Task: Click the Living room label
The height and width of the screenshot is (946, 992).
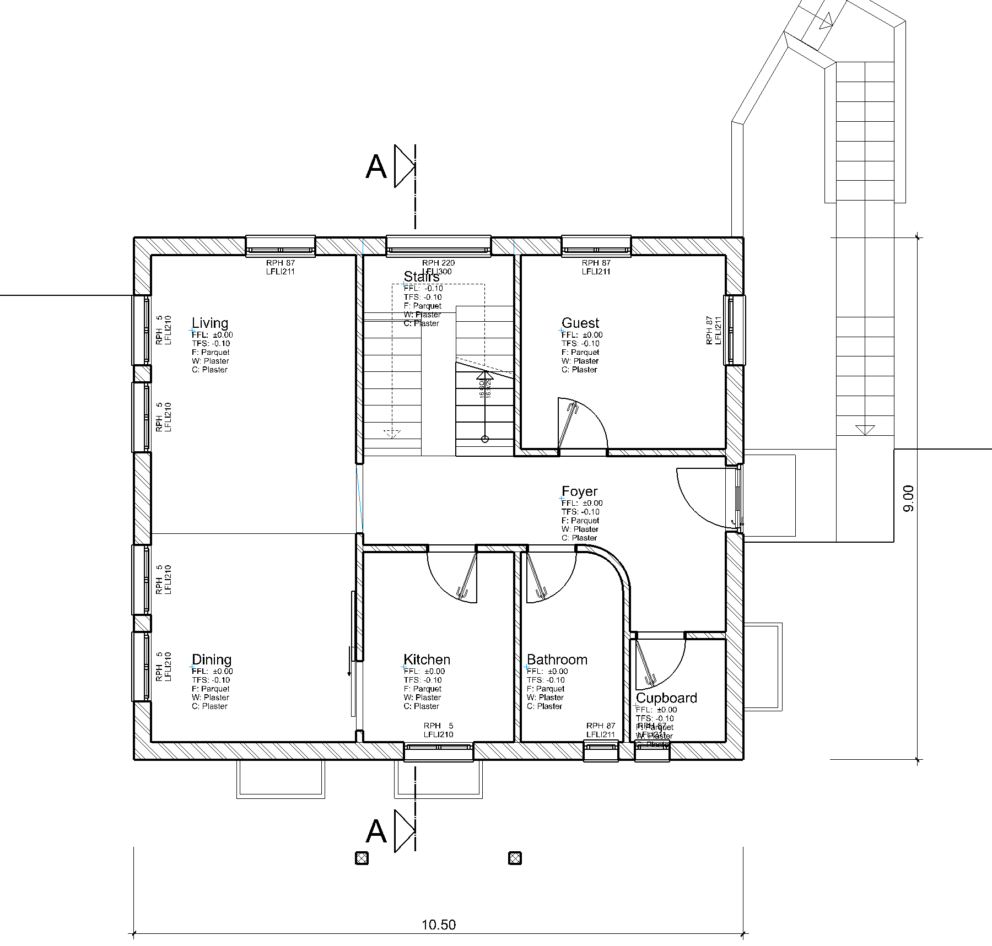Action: coord(209,323)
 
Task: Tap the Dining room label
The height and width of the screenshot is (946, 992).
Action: coord(211,660)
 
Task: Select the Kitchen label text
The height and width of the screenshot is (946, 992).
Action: coord(427,660)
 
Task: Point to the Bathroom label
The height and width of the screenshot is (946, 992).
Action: coord(557,660)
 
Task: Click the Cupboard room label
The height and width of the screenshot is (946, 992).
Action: coord(666,698)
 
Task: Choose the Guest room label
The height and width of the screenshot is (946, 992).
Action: coord(580,323)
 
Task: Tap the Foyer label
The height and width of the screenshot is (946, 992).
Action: coord(579,491)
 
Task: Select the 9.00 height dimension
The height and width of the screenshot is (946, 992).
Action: coord(909,498)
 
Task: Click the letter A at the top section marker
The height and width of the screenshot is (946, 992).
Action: coord(376,166)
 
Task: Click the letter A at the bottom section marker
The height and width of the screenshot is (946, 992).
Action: coord(376,831)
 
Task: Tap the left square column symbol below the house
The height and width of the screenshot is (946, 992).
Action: coord(361,858)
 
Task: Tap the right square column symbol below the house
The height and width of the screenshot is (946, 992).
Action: coord(515,858)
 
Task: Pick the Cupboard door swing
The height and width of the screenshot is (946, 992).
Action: coord(659,664)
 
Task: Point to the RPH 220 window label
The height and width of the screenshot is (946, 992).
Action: coord(438,263)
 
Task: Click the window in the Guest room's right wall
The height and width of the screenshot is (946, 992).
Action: coord(734,330)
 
